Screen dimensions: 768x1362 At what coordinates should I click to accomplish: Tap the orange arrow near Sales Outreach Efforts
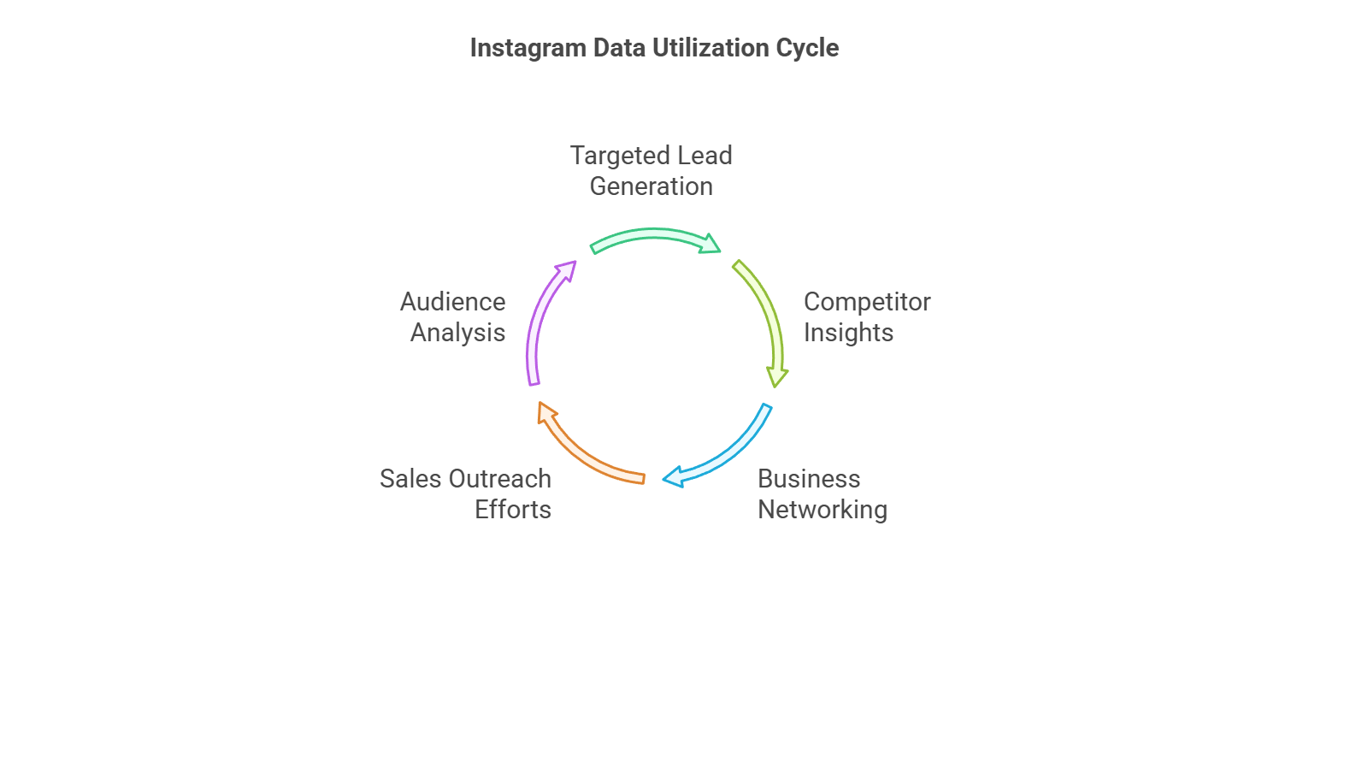(582, 449)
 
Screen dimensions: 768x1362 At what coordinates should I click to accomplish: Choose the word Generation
(651, 186)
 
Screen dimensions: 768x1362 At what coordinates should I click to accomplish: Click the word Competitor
(866, 303)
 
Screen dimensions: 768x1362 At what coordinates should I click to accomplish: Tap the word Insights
(848, 334)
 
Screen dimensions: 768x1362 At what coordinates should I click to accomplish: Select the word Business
(808, 479)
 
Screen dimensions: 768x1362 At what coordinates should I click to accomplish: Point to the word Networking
(822, 511)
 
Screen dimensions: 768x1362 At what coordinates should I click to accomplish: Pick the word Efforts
(512, 510)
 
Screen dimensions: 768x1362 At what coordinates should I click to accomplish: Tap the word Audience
(452, 302)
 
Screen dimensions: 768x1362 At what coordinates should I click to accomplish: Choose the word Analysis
(457, 334)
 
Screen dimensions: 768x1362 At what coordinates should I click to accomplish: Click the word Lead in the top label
(705, 156)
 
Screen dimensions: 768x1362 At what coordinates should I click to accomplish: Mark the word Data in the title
(619, 48)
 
